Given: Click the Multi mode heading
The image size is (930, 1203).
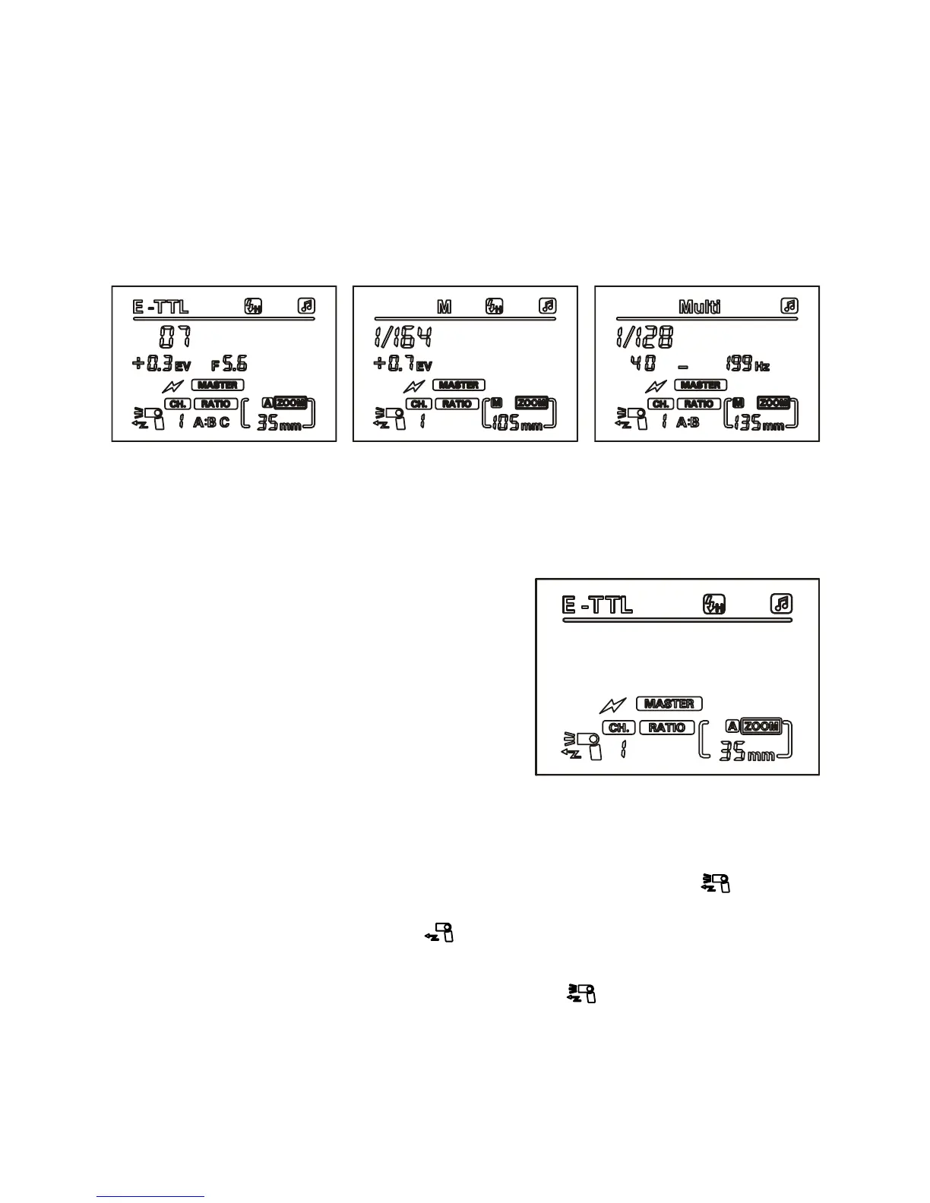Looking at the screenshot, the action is (699, 307).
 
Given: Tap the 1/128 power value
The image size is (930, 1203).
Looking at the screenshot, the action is (644, 337).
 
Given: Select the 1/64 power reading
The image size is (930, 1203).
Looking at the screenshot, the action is (403, 337).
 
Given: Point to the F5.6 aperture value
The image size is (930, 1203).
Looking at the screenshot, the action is (229, 364).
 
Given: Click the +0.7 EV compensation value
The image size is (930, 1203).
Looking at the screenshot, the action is (402, 365).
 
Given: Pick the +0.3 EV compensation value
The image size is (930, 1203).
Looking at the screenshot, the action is (161, 364).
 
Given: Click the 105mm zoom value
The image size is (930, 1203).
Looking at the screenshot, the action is (517, 423).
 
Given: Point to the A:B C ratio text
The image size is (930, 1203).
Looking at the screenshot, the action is (211, 422).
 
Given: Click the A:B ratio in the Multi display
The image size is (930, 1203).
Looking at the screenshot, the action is (688, 422).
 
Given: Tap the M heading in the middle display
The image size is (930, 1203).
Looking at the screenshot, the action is (444, 307).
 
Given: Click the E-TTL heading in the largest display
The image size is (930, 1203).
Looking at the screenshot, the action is (597, 605).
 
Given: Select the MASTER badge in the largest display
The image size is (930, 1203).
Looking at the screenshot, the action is (669, 703).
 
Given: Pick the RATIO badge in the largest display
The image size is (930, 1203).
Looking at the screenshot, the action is (666, 728).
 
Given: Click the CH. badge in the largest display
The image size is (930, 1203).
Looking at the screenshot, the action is (618, 728).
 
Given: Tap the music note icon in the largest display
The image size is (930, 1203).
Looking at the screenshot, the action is (781, 604).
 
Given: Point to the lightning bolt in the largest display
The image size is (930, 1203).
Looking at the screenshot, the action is (612, 706).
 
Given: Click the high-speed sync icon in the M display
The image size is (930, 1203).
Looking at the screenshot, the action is (494, 307).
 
